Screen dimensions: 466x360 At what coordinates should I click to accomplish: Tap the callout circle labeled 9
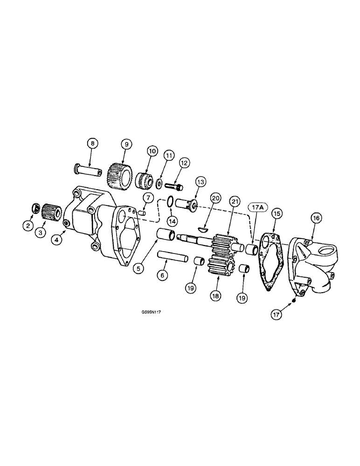pyautogui.click(x=126, y=144)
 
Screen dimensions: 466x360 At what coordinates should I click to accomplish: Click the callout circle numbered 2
pyautogui.click(x=28, y=226)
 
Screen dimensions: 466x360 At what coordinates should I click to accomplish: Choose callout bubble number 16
pyautogui.click(x=315, y=217)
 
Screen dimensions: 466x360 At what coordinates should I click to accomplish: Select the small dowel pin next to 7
pyautogui.click(x=143, y=213)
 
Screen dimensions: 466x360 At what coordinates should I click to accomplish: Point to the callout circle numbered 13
pyautogui.click(x=200, y=181)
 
